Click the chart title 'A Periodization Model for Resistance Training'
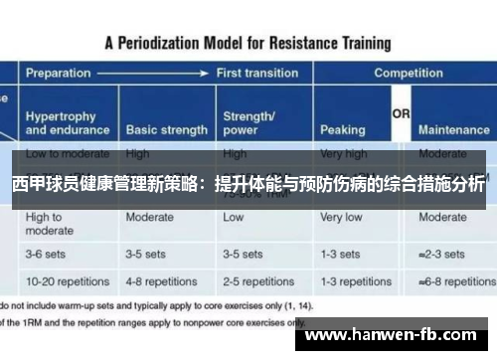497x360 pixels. pos(248,43)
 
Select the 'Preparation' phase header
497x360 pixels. pos(59,74)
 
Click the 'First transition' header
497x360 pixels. pos(255,74)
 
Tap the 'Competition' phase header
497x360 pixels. pos(409,74)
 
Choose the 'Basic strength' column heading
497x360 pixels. pos(166,130)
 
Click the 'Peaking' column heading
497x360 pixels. pos(343,130)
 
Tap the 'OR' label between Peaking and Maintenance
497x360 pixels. pos(401,115)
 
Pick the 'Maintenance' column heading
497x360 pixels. pos(453,130)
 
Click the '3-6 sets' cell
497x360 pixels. pos(47,255)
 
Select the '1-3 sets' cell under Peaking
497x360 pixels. pos(341,255)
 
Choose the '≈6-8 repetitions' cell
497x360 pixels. pos(455,280)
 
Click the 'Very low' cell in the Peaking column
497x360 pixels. pos(341,217)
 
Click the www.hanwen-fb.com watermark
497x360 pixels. pos(398,336)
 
